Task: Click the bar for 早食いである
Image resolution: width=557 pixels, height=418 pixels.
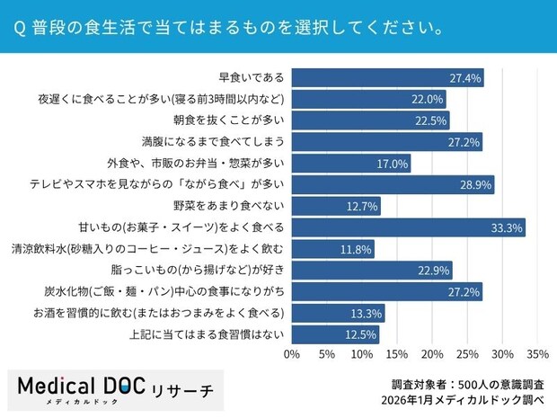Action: point(387,77)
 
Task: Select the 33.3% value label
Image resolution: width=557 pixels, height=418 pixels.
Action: point(508,227)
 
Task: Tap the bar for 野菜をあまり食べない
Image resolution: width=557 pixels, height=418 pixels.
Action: point(336,206)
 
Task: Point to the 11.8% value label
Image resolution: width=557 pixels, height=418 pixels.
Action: point(357,249)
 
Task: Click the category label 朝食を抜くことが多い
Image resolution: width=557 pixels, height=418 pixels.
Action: point(228,120)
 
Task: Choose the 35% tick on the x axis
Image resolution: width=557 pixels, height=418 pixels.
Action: point(537,353)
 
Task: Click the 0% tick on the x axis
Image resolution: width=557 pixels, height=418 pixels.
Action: point(292,353)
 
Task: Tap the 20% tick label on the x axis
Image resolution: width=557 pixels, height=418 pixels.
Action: point(432,353)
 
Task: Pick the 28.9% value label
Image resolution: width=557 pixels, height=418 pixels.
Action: point(476,184)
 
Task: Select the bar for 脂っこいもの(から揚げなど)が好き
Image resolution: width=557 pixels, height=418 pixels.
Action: point(372,271)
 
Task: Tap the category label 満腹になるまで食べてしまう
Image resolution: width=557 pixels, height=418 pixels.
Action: point(225,142)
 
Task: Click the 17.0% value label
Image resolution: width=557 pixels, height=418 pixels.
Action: point(393,164)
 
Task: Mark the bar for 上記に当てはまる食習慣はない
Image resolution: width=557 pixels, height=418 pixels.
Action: point(335,335)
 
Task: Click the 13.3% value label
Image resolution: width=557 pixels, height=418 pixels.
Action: point(367,314)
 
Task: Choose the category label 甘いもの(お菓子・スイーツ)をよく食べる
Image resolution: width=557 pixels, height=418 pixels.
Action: point(194,227)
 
